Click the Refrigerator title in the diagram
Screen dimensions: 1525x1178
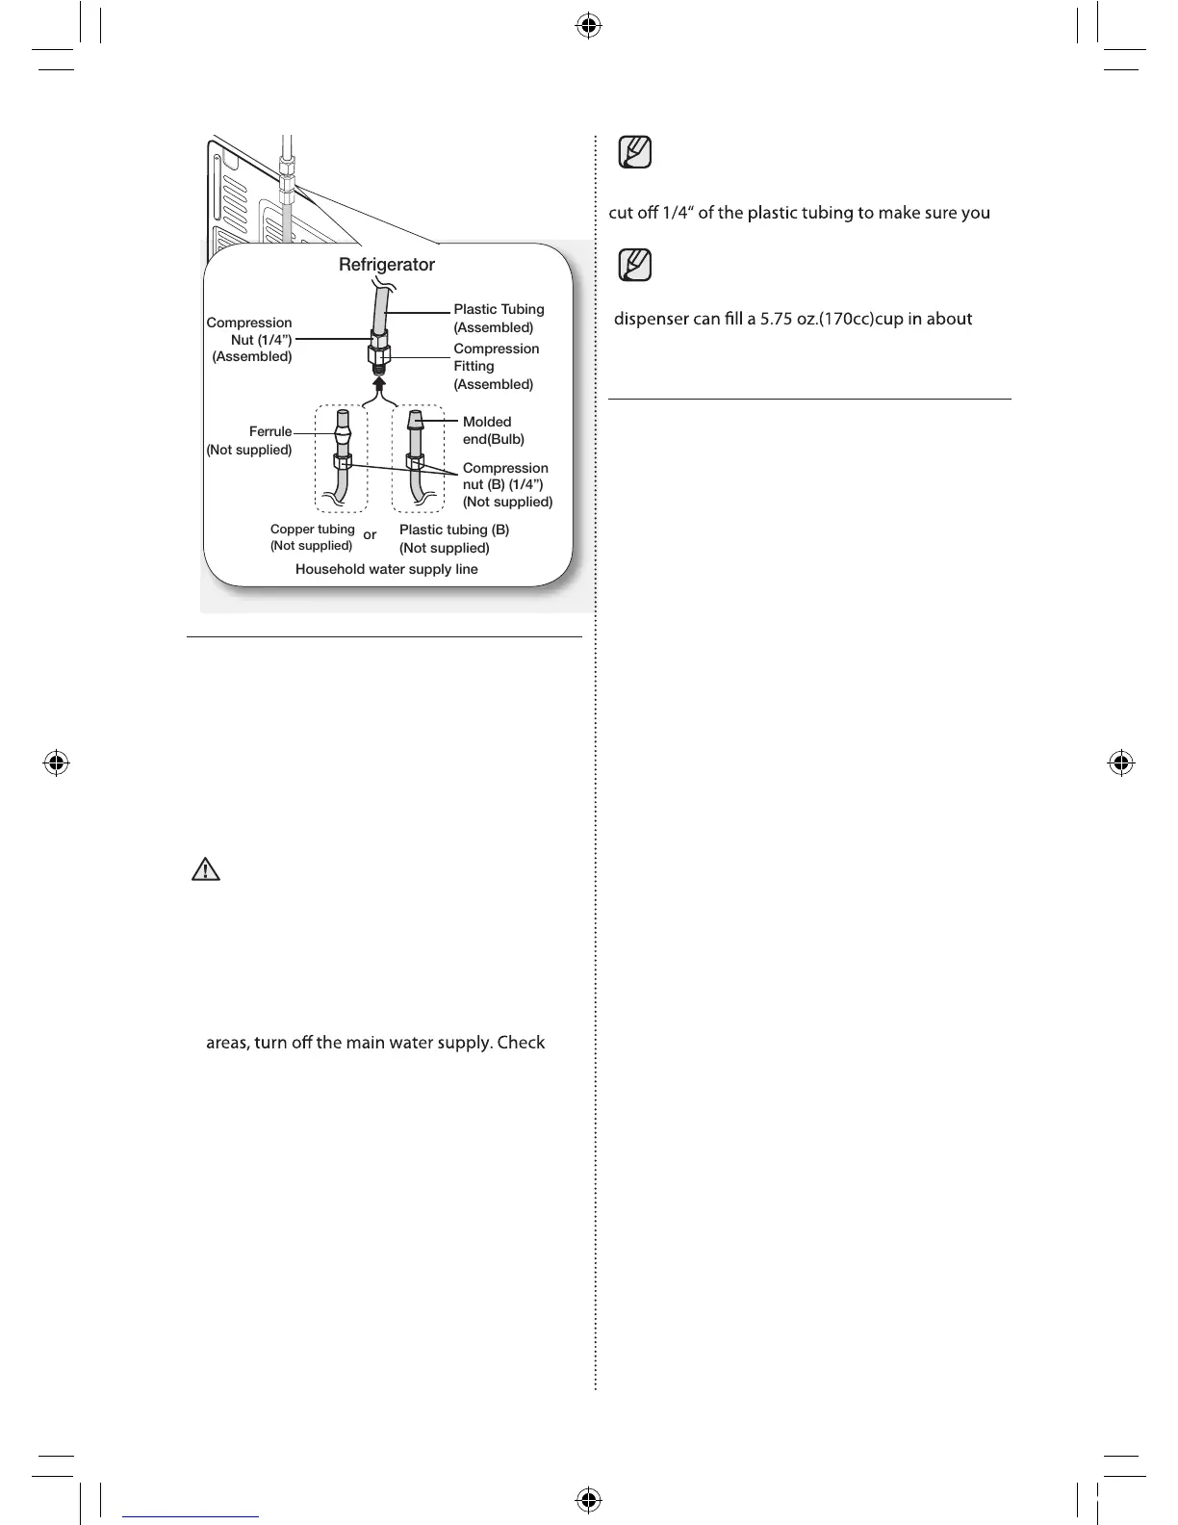coord(387,265)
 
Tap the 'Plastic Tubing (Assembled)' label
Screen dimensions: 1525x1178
coord(499,318)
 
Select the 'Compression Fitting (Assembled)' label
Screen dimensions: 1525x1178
coord(496,366)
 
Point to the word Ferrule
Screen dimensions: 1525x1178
coord(270,431)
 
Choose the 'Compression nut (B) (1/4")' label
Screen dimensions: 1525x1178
coord(506,484)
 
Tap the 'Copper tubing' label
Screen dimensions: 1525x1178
coord(312,530)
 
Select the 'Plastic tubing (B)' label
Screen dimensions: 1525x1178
coord(454,530)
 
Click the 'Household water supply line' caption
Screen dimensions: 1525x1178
coord(387,569)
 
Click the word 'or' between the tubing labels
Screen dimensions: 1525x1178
coord(370,534)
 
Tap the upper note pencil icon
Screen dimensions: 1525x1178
coord(635,152)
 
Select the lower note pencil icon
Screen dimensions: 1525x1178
coord(635,264)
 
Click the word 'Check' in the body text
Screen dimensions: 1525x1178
coord(521,1043)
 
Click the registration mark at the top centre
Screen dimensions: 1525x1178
coord(589,26)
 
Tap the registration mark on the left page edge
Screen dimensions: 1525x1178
coord(57,763)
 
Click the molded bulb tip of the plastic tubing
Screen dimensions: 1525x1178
coord(415,420)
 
